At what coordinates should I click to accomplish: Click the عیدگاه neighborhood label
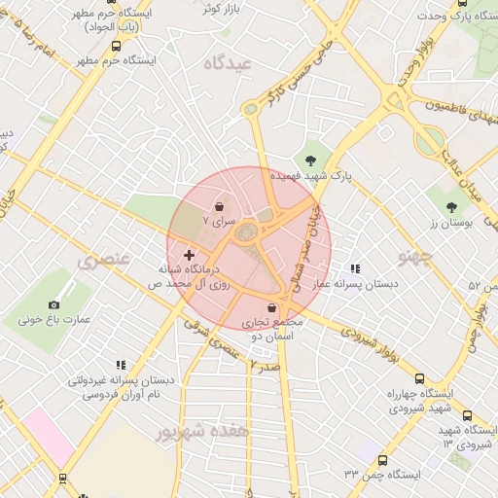(230, 62)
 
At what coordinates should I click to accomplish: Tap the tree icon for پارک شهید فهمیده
(310, 160)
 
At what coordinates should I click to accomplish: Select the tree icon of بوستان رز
(452, 206)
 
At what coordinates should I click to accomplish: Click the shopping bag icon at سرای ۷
(219, 207)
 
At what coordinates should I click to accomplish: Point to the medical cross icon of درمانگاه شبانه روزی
(189, 255)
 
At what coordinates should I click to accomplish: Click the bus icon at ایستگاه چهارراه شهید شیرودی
(419, 379)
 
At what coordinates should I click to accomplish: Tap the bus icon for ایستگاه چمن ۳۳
(381, 460)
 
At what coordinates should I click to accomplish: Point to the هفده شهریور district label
(203, 430)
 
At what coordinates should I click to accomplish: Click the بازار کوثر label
(220, 9)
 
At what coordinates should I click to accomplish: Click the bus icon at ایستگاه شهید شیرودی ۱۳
(467, 416)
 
